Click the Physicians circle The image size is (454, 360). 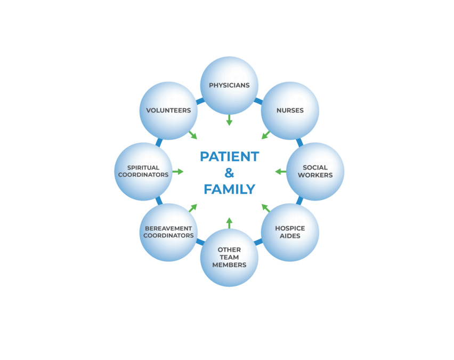coord(229,85)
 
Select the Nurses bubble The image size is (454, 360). coord(290,110)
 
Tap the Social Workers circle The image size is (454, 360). coord(315,171)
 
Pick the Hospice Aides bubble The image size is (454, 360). coord(290,232)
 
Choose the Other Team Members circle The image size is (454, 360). coord(229,258)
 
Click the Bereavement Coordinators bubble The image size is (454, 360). coord(168,232)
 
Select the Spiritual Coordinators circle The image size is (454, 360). coord(143,171)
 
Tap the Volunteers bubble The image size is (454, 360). coord(168,110)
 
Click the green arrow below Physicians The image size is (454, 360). coord(229,120)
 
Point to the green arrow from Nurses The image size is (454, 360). coord(266,135)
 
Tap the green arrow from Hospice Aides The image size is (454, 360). coord(266,208)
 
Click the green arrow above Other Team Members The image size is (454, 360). coord(229,223)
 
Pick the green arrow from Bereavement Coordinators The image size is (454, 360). coord(192,208)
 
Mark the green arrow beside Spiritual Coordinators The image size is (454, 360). coord(178,171)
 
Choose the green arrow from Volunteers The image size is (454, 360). coord(192,135)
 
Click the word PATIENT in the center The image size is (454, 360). coord(229,157)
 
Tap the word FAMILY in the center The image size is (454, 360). coord(229,189)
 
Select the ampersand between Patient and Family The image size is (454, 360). coord(229,173)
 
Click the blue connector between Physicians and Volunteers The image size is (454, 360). coord(200,100)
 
